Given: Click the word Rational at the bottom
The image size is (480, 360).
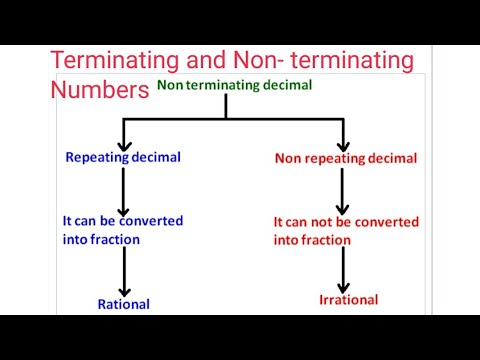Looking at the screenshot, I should coord(123,304).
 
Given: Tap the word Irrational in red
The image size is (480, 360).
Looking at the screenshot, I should coord(349,300).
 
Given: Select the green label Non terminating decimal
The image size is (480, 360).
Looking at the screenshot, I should coord(234,86).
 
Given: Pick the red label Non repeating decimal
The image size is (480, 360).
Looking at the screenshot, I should coord(345,158).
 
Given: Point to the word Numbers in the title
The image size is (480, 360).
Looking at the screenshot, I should coord(99,91).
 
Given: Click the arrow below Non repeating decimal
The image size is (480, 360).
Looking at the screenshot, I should coord(342,192).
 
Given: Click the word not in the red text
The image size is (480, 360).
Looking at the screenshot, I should coord(329,222).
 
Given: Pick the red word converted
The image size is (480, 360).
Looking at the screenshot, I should coord(386,222).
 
